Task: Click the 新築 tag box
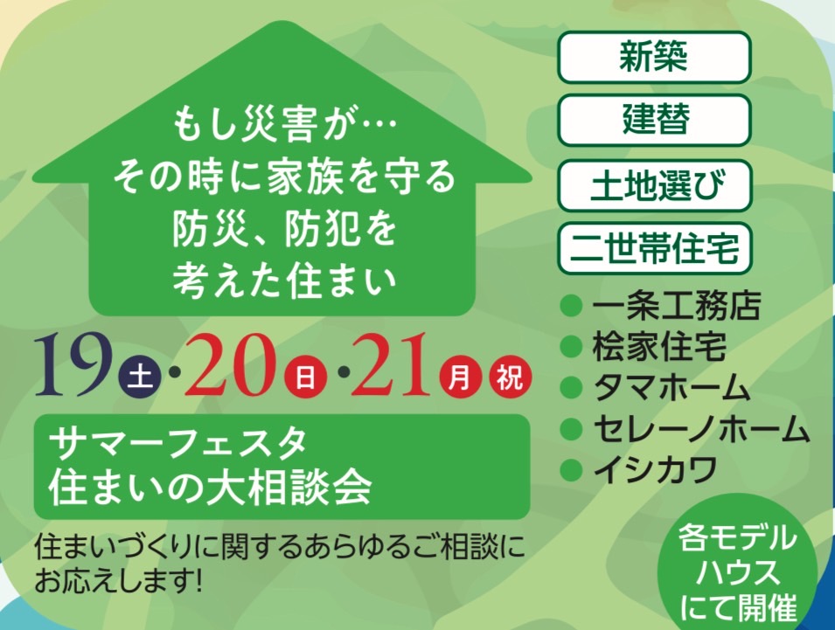click(x=654, y=57)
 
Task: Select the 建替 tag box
click(x=654, y=119)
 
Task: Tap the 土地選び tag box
click(x=654, y=185)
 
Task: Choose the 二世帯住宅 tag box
click(x=654, y=248)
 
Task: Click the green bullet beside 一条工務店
click(x=572, y=307)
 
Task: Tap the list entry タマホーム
click(x=671, y=387)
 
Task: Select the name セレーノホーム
click(x=701, y=428)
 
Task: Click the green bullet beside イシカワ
click(x=572, y=470)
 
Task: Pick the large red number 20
click(x=232, y=366)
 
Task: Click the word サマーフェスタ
click(x=177, y=443)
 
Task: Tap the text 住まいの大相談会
click(x=210, y=486)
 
